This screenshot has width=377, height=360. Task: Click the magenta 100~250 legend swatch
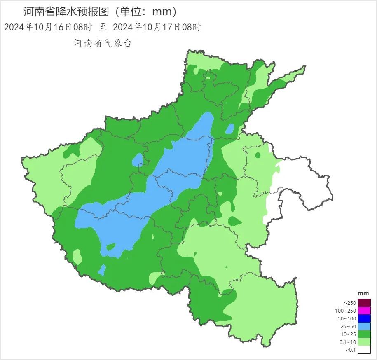pos(364,311)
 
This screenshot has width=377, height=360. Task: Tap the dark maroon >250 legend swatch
pos(364,302)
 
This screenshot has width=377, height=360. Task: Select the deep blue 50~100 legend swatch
pos(364,318)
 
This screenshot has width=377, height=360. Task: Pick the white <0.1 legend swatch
pos(364,350)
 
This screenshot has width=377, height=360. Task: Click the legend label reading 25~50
pos(349,327)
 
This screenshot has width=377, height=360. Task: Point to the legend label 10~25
pos(349,334)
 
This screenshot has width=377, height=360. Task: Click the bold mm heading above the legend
pos(363,293)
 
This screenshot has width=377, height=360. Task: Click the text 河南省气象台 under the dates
pos(103,43)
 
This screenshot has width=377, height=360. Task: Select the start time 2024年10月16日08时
pos(48,28)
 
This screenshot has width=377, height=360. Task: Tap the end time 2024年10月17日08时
pos(157,28)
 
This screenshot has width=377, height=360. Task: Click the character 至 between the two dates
pos(103,28)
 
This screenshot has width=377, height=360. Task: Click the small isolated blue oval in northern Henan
pos(229,129)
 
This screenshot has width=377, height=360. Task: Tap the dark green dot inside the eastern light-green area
pos(258,155)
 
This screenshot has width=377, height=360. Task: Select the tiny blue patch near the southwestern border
pos(101,270)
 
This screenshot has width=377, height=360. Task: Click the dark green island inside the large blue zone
pos(110,247)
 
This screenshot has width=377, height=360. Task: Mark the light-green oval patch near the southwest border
pos(77,256)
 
